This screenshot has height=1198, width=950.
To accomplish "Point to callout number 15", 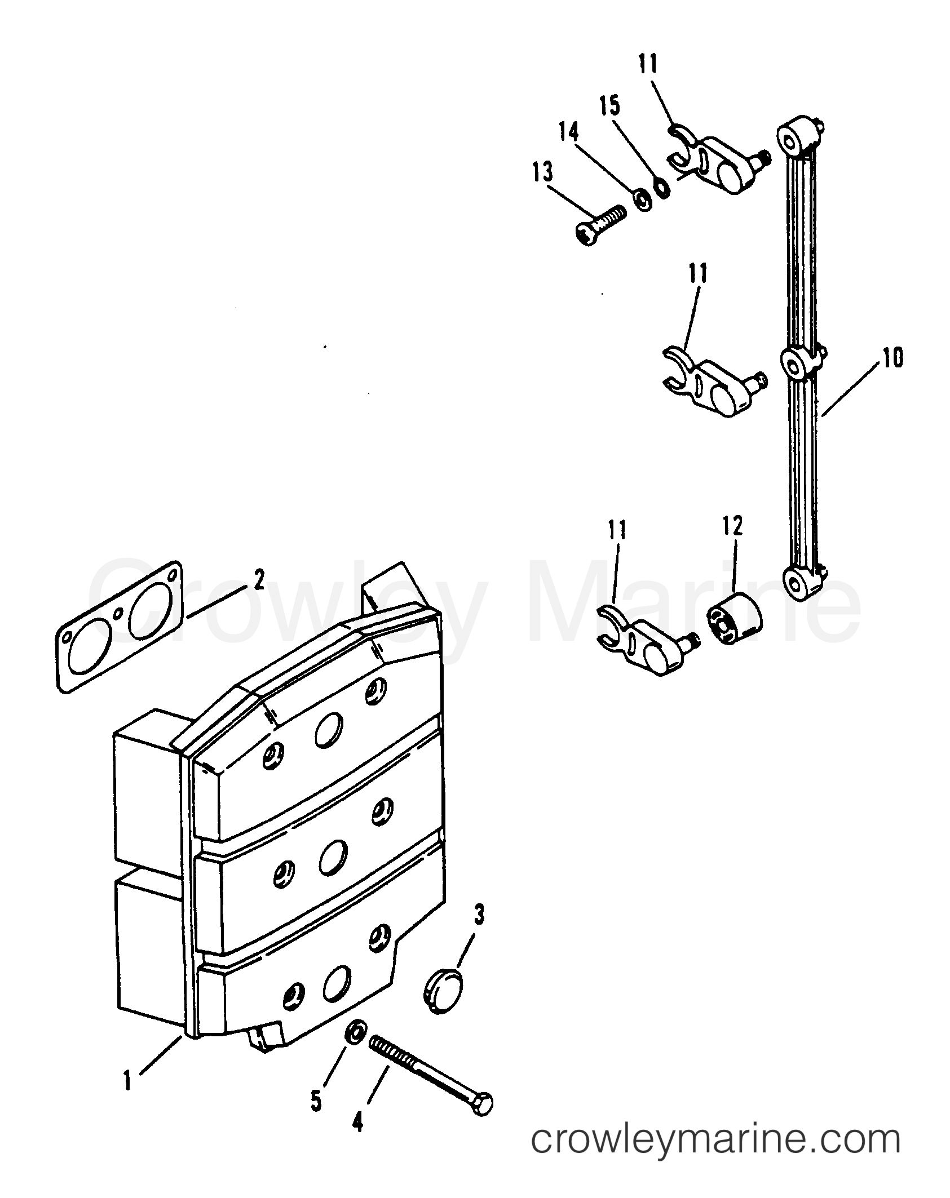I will click(x=609, y=107).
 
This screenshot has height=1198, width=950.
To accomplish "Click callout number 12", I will click(x=732, y=526).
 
